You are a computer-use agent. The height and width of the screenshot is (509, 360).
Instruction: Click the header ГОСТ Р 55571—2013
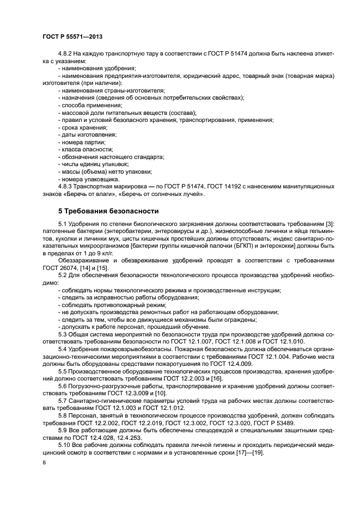[x=72, y=36]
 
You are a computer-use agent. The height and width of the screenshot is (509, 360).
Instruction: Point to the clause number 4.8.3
[x=66, y=186]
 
